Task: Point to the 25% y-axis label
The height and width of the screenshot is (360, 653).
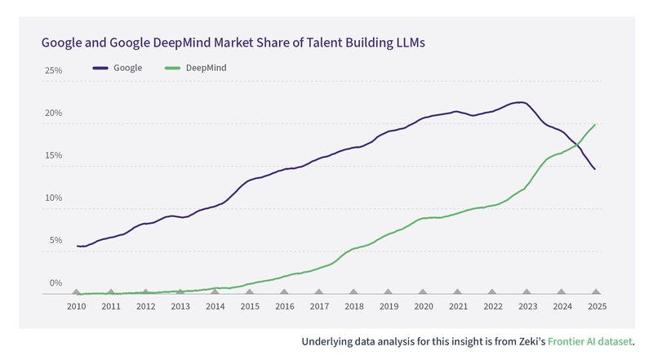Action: point(53,71)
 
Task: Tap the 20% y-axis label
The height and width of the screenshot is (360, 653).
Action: point(53,113)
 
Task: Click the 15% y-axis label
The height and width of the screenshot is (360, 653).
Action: point(53,156)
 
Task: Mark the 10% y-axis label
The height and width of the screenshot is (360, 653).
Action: point(53,198)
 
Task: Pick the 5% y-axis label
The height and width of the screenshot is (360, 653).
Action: point(55,241)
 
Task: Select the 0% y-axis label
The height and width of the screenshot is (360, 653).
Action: point(55,283)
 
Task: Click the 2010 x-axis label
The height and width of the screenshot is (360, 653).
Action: point(77,306)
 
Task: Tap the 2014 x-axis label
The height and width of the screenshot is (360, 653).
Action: point(215,306)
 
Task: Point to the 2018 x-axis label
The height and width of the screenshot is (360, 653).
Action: point(353,306)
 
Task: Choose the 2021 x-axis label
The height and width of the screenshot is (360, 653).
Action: point(458,306)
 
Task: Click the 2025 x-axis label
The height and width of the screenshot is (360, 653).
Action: point(596,306)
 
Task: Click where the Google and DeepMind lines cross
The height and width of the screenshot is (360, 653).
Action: point(578,144)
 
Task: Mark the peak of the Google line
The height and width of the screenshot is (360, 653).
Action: point(521,102)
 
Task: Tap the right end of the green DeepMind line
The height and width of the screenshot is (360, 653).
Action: point(595,124)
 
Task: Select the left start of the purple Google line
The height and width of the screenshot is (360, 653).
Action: point(78,246)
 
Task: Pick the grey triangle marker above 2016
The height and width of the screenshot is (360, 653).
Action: point(284,291)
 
